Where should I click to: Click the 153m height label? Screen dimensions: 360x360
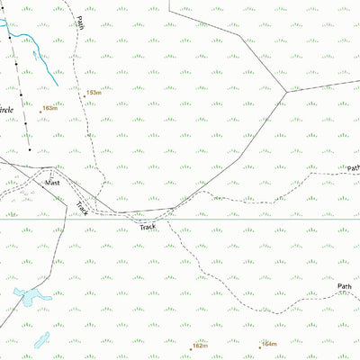coord(94,92)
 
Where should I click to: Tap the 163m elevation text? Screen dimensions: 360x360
coord(50,108)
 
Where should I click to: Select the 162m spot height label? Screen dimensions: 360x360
coord(200,345)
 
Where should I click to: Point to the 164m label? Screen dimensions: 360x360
coord(269,343)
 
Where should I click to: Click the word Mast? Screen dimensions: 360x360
coord(54,183)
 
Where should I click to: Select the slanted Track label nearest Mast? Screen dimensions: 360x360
coord(82,208)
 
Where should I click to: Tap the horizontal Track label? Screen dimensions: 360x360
coord(148,228)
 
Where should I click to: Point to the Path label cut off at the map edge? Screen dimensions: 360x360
coord(353,167)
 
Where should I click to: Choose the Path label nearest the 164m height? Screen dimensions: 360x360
coord(344,287)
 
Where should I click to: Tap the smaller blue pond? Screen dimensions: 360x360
coord(42,339)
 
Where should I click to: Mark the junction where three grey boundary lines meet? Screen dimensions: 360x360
coord(286,90)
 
